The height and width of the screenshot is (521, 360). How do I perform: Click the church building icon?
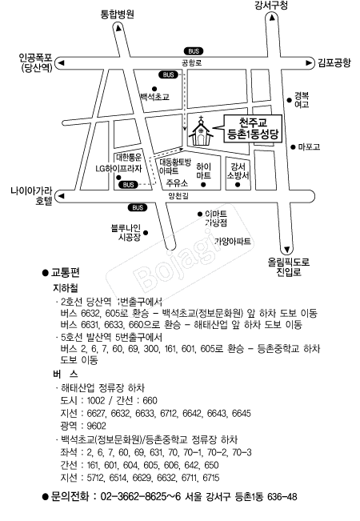tap(201, 131)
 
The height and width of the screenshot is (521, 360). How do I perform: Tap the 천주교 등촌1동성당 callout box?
tap(253, 129)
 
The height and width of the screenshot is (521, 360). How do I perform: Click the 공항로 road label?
tap(192, 62)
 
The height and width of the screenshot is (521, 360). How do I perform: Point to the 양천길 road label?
tap(178, 196)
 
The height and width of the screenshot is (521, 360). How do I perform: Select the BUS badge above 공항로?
tap(194, 51)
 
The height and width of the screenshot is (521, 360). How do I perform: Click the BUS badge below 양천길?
tap(138, 207)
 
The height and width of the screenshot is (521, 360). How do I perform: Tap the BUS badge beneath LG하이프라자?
tap(128, 185)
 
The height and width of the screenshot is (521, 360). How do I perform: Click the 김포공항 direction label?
tap(334, 62)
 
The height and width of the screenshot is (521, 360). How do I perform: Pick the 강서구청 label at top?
tap(271, 6)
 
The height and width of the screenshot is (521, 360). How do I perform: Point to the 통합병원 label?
tap(118, 14)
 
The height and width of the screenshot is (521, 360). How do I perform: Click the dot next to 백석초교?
tap(154, 89)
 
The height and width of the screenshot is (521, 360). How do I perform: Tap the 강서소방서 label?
tap(238, 170)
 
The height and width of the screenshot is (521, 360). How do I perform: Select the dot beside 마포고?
tap(293, 147)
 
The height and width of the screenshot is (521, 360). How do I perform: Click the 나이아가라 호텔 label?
tap(31, 196)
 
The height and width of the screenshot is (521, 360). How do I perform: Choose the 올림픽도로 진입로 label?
tap(289, 267)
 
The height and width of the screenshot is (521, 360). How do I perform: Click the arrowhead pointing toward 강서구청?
tap(272, 18)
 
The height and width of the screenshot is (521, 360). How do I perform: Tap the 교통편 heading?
tap(65, 273)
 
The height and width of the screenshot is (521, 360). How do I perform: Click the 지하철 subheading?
tap(65, 288)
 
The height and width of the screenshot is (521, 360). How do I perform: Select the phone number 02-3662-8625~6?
tap(141, 497)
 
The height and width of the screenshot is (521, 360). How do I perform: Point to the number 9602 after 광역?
tap(96, 426)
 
